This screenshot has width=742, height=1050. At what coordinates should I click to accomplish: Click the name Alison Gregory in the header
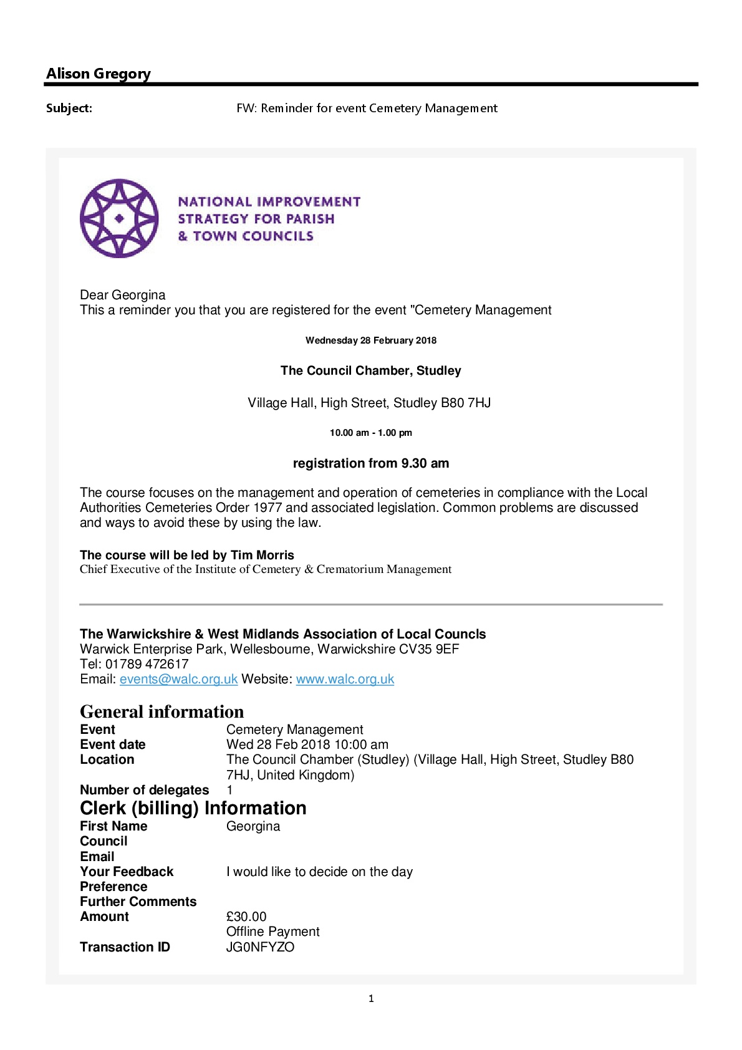[98, 74]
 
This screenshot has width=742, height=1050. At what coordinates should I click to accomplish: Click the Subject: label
[69, 108]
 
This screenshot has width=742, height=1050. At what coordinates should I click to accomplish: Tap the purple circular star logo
[119, 218]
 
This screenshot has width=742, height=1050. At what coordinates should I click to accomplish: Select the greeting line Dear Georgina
[122, 295]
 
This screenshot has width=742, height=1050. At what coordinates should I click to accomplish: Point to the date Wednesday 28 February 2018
[370, 340]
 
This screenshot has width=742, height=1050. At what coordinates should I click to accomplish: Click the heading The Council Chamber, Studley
[370, 370]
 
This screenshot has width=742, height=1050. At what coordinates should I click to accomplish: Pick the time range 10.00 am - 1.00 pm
[370, 433]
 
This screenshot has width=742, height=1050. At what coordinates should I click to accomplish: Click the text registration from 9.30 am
[370, 463]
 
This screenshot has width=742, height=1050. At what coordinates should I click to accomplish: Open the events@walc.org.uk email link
[178, 679]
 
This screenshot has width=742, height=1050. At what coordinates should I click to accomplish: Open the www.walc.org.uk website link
[345, 679]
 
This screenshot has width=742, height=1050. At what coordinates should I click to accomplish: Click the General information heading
[161, 711]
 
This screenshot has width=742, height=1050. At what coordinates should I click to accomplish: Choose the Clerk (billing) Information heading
[193, 808]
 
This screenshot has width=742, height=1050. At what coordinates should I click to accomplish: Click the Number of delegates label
[144, 790]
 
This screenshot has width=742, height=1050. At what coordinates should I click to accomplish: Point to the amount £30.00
[246, 917]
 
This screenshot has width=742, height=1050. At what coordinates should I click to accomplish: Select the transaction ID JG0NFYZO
[260, 947]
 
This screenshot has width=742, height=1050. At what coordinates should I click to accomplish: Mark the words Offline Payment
[272, 932]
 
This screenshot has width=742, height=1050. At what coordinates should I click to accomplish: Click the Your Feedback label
[127, 872]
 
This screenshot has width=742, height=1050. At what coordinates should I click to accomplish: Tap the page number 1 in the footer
[371, 999]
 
